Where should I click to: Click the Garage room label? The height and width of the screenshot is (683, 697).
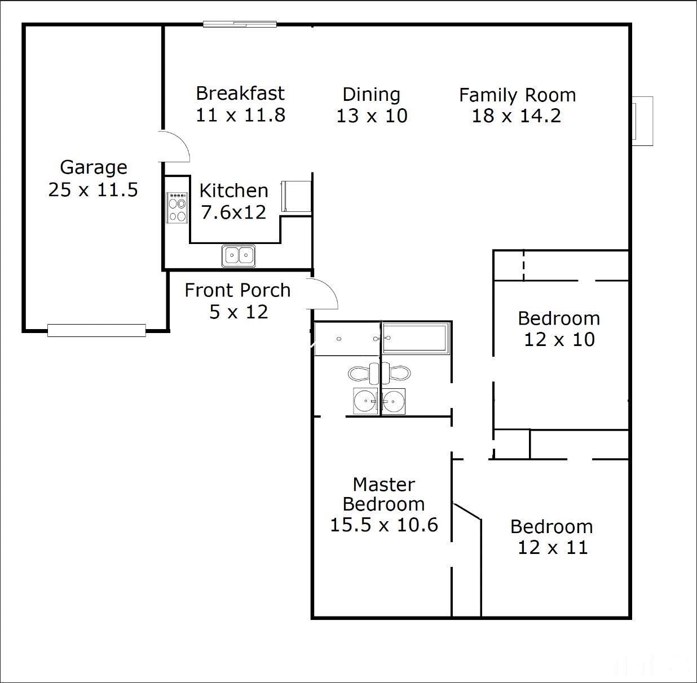(94, 167)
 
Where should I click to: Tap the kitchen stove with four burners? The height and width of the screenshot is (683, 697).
(177, 208)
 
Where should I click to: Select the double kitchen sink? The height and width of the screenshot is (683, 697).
(239, 255)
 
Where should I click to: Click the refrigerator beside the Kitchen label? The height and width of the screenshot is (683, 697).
(297, 196)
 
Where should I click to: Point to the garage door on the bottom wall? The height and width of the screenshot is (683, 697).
(96, 330)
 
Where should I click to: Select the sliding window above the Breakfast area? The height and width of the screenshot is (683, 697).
(240, 24)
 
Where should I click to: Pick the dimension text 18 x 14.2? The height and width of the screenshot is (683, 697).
(516, 116)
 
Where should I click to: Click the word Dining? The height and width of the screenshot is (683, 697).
(371, 95)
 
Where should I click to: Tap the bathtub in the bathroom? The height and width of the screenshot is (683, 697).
(416, 338)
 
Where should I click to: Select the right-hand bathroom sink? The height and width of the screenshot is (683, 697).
(393, 401)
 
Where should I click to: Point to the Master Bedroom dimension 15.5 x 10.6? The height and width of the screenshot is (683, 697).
(383, 525)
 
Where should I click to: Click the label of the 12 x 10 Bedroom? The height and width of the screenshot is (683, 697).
(558, 318)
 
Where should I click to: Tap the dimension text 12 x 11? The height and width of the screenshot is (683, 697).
(552, 547)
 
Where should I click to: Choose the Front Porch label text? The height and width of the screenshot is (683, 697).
(237, 290)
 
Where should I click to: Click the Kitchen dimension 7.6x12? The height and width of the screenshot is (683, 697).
(233, 212)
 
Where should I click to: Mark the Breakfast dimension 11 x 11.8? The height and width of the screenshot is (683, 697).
(240, 115)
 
